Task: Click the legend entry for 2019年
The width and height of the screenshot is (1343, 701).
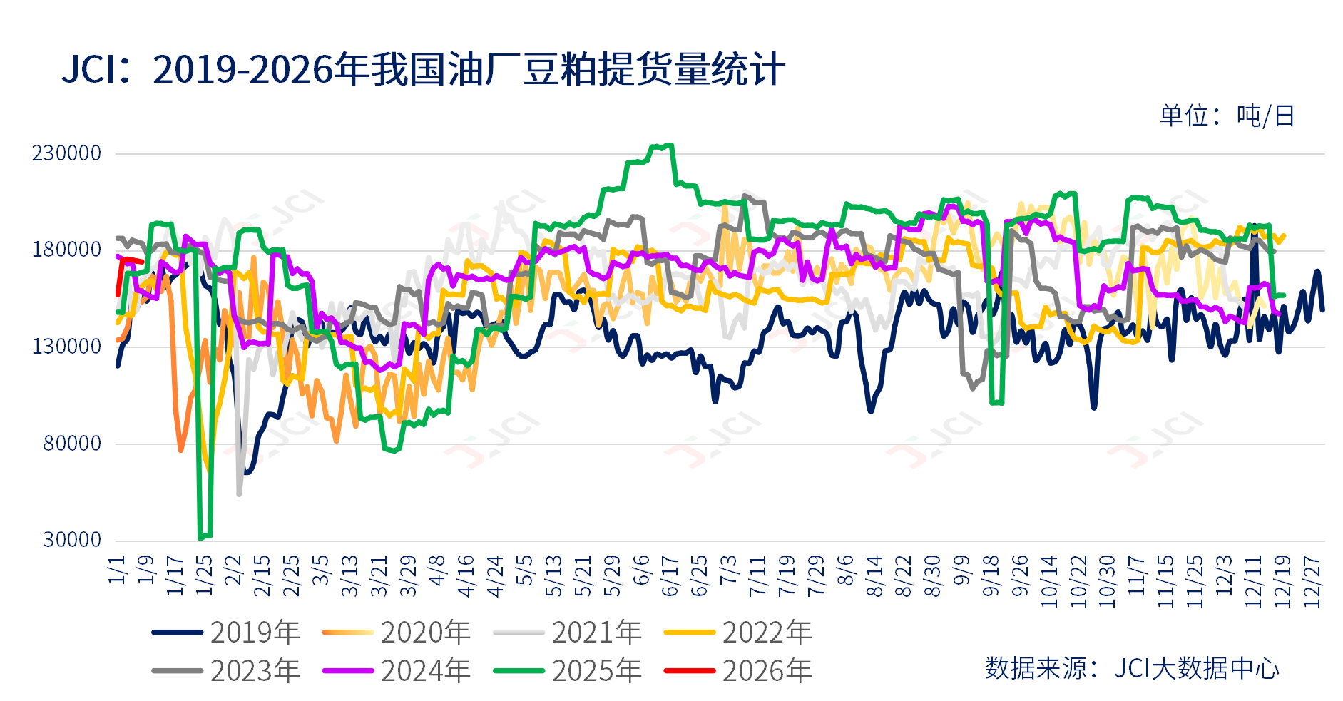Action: tap(225, 633)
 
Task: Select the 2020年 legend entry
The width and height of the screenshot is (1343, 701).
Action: tap(397, 633)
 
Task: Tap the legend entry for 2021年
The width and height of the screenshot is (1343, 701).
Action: tap(568, 633)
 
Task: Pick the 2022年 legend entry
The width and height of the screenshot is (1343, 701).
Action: tap(738, 633)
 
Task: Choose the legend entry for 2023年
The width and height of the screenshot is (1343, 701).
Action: tap(225, 671)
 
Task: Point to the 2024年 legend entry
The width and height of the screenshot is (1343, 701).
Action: tap(397, 671)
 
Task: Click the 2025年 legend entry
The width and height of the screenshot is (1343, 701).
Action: tap(568, 671)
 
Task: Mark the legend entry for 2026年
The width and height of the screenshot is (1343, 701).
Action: tap(738, 671)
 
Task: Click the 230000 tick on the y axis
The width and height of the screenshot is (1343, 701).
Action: tap(66, 153)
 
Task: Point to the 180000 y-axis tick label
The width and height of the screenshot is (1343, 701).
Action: tap(66, 250)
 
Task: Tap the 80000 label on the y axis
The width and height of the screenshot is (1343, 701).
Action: tap(72, 444)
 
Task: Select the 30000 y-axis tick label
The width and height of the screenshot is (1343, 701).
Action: tap(72, 540)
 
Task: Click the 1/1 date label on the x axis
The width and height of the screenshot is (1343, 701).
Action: tap(117, 570)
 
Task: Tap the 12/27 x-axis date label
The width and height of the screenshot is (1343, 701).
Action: tap(1312, 582)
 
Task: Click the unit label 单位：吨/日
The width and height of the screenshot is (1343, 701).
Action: tap(1227, 116)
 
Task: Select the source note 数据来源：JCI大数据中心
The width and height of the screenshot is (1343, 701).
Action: tap(1132, 669)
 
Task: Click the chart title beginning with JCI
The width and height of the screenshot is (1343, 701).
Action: tap(423, 70)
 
